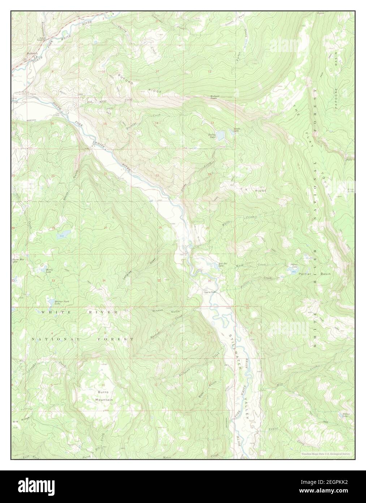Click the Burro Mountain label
(x=104, y=396)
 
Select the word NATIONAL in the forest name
(x=50, y=339)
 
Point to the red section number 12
(x=209, y=71)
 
